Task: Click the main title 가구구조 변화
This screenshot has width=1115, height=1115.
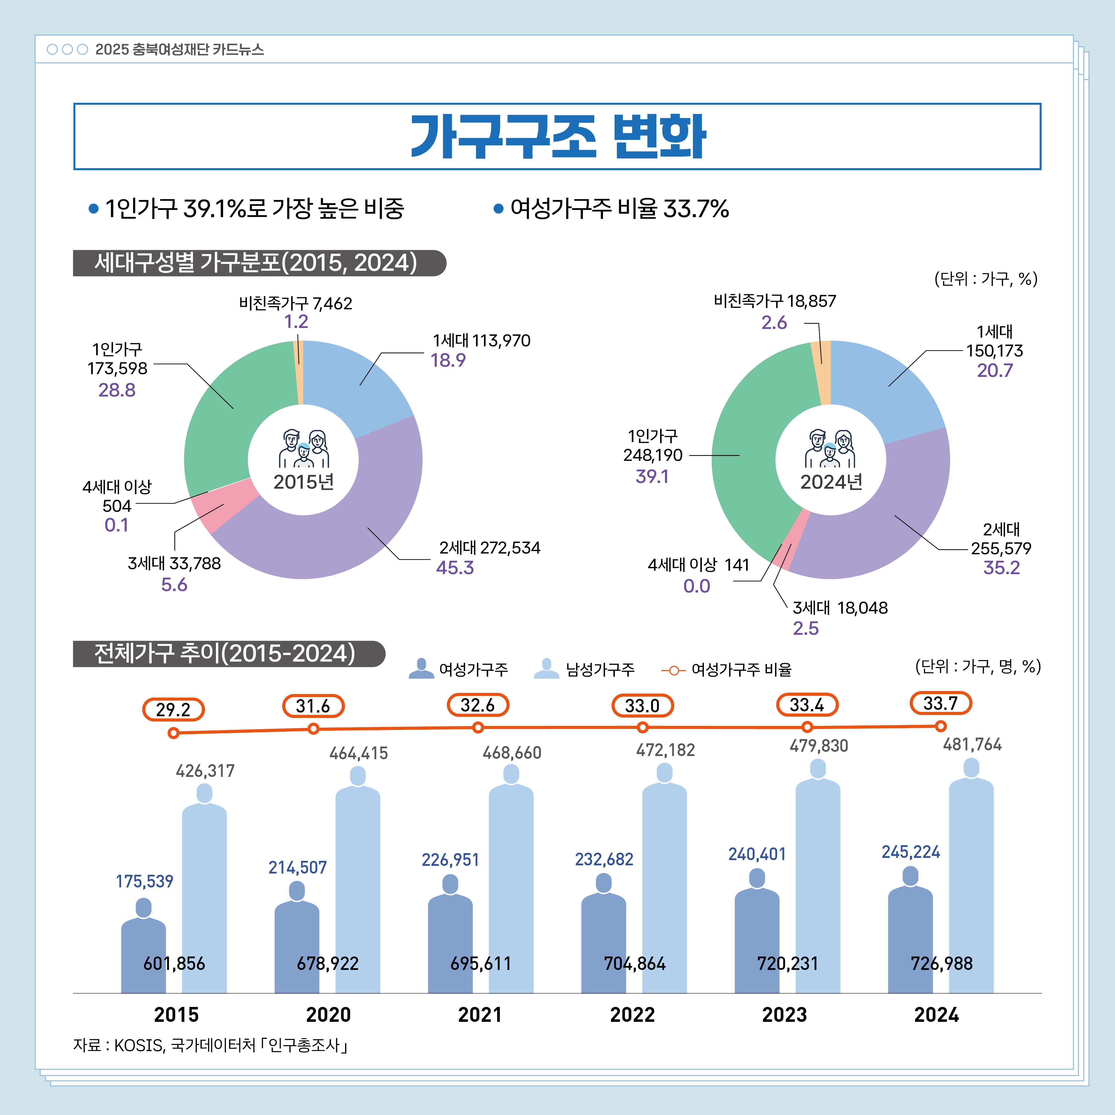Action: (x=557, y=137)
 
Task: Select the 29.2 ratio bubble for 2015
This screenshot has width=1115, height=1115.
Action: (x=173, y=709)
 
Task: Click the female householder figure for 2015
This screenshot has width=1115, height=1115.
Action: (x=144, y=947)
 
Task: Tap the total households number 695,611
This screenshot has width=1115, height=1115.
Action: (x=481, y=963)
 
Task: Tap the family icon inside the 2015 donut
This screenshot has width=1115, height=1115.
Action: (x=304, y=448)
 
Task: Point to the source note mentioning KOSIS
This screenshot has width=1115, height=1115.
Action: (x=211, y=1045)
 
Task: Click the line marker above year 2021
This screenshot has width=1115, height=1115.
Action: (x=478, y=728)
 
